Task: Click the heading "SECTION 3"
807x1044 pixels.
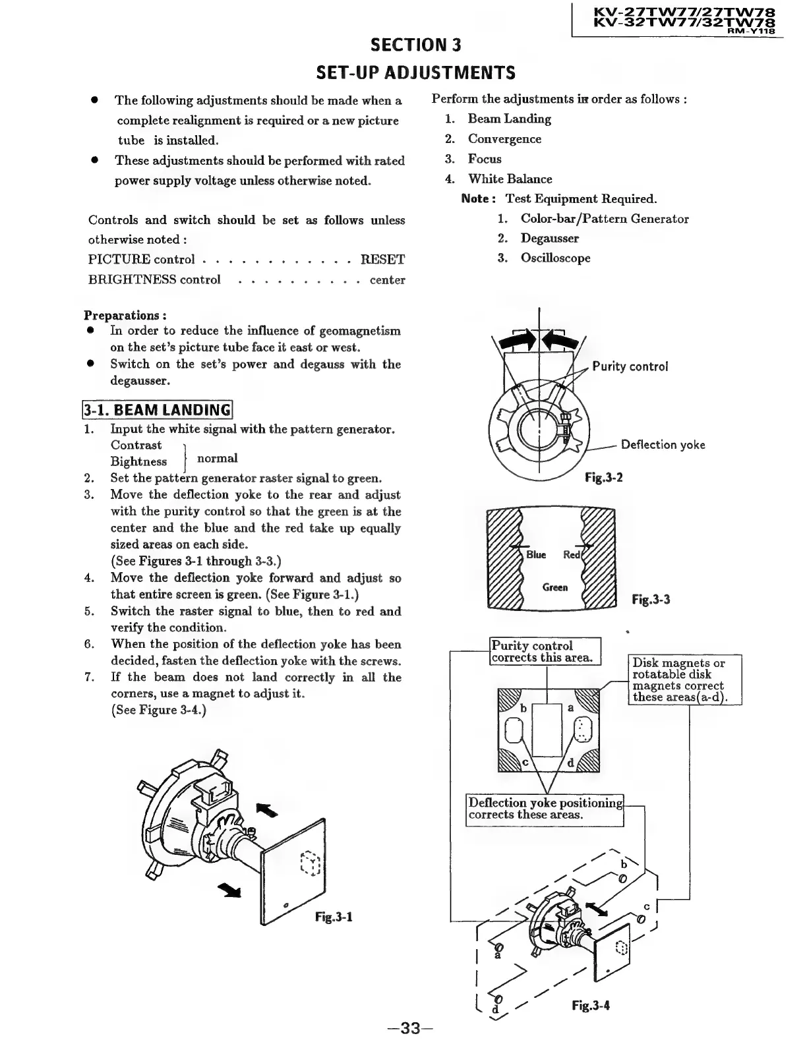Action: tap(416, 45)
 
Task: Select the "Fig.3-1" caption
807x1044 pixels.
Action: tap(334, 917)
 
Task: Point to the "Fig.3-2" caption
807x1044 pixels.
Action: tap(604, 477)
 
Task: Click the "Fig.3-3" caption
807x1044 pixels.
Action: tap(651, 600)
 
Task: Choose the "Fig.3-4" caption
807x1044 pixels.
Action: tap(591, 1006)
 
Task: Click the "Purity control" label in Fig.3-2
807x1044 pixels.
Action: tap(630, 366)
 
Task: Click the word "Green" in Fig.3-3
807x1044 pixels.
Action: tap(555, 587)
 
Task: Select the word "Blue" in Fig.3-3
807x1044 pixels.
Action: tap(536, 555)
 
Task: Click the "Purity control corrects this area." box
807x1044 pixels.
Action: tap(545, 652)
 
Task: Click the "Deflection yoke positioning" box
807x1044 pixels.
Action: tap(545, 809)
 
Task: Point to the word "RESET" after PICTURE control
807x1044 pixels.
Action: tap(382, 260)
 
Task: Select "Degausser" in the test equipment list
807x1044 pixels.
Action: tap(549, 239)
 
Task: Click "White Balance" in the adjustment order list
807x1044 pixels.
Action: tap(510, 179)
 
